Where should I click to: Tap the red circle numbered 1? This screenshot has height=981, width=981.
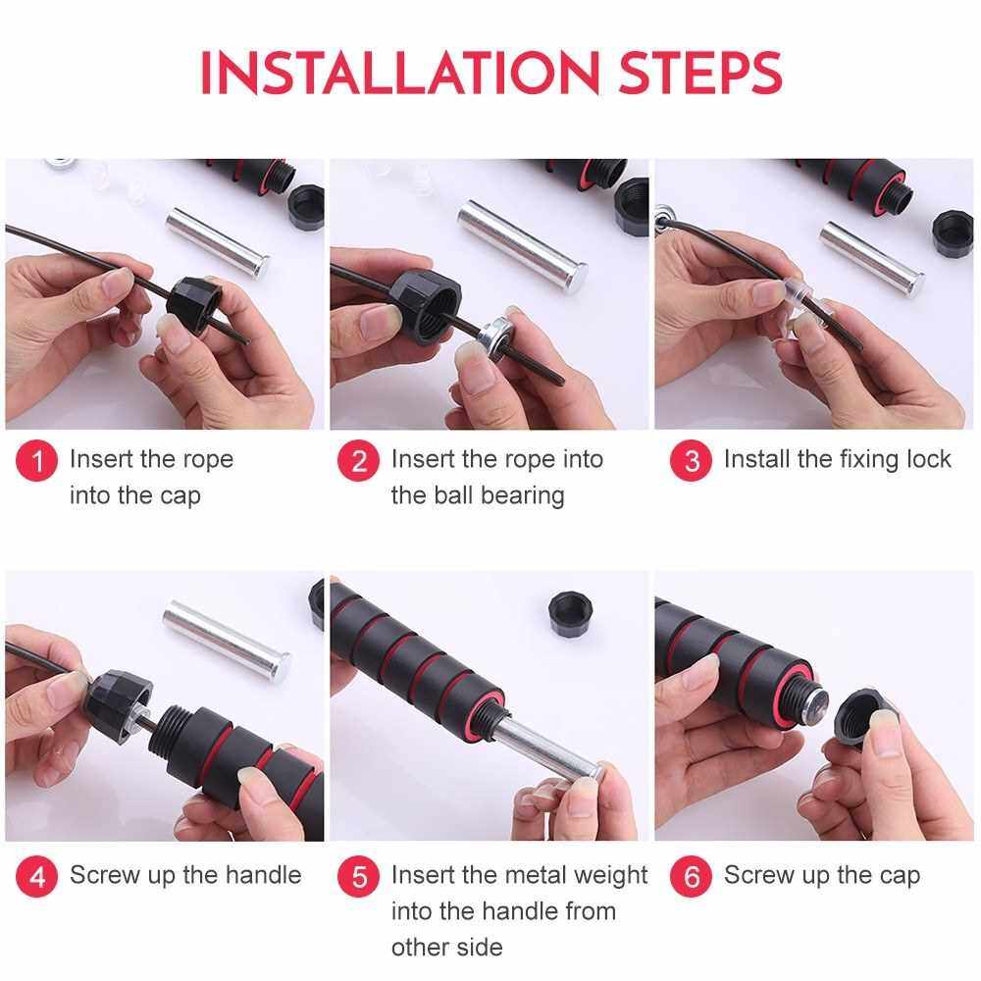coord(37,461)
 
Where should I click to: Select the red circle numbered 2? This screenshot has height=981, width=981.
coord(358,461)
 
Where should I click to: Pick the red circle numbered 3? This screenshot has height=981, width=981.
coord(691,461)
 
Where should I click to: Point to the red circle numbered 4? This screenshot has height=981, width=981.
coord(37,876)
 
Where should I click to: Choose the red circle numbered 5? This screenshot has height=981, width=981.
coord(358,876)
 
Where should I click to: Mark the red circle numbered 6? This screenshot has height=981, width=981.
coord(691,876)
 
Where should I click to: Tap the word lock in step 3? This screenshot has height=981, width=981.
coord(928,459)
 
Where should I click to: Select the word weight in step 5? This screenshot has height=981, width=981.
coord(610,875)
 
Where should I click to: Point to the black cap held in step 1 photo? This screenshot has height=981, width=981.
coord(193,305)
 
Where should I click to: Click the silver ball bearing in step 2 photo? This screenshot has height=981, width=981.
coord(496,338)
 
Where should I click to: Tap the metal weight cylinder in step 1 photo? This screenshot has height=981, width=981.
coord(218,242)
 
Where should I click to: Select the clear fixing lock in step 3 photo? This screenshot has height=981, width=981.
coord(794,300)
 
